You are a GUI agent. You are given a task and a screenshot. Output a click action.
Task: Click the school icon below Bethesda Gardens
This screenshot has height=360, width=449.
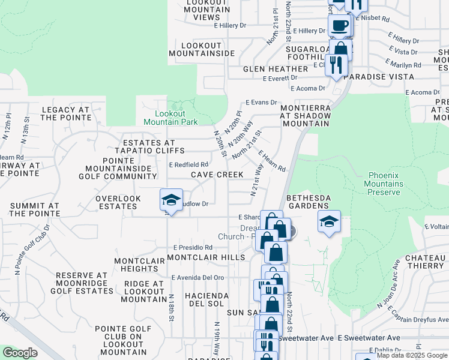coord(328,221)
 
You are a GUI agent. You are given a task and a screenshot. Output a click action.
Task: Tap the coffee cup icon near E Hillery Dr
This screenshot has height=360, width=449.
coord(340,26)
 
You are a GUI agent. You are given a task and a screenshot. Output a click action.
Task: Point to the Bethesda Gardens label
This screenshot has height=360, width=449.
coord(311,202)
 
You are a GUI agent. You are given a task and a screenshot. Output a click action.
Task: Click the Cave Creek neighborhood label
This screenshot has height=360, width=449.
coord(217,175)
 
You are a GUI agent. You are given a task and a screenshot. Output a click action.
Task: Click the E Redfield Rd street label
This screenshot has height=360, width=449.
coord(188,164)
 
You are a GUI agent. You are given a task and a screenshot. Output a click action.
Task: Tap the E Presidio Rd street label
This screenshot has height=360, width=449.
coord(193,247)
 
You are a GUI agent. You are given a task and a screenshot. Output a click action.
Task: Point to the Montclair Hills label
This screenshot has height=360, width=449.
coord(206,257)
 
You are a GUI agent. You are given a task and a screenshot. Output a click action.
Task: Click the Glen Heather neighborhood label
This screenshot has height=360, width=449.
coord(276,69)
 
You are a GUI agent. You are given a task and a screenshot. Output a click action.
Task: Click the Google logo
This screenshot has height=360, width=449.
coord(20,353)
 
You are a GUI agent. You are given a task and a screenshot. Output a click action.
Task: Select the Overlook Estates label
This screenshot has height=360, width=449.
coord(118,202)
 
